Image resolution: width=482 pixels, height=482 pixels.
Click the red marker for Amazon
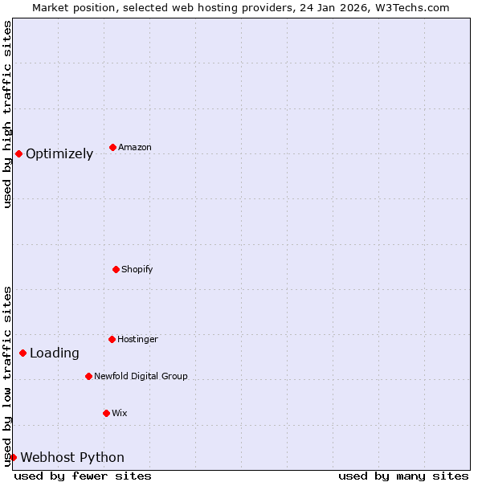112,147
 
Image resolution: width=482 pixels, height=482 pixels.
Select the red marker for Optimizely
18,153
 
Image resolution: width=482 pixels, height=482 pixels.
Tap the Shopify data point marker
116,269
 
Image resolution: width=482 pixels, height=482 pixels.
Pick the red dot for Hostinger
112,339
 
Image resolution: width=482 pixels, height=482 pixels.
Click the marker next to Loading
22,353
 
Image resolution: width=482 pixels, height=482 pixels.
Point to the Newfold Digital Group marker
88,376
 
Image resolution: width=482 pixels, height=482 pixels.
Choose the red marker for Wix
106,413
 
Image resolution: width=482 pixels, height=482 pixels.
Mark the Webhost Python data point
13,457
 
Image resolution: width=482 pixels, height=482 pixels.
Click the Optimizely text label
59,154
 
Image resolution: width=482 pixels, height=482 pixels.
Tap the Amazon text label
134,148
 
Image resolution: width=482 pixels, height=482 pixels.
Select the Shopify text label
137,270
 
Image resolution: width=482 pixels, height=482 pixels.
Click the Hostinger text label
137,340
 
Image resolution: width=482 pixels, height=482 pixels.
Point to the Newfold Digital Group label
141,377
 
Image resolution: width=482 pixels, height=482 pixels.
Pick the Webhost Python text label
72,458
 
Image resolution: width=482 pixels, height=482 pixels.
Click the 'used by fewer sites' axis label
83,476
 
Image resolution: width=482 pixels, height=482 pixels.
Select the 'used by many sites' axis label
403,476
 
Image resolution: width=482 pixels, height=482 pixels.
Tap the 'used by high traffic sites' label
7,114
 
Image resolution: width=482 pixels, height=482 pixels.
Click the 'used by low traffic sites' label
7,376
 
